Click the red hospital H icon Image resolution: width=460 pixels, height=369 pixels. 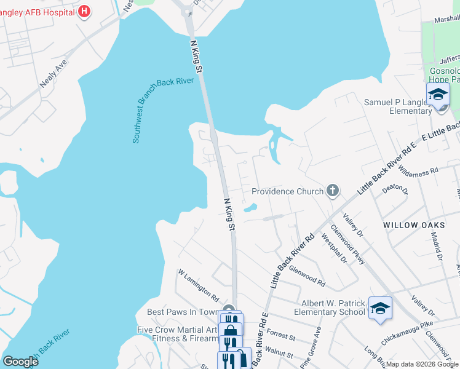(85, 10)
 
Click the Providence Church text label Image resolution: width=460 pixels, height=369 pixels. (287, 191)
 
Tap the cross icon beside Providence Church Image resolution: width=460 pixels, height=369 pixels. (332, 190)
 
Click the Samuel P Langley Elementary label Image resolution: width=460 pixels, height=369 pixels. (398, 106)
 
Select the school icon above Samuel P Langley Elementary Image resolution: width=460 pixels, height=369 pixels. (438, 95)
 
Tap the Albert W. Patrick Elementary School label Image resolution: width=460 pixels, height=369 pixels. (333, 307)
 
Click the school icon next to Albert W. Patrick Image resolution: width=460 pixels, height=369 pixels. (379, 308)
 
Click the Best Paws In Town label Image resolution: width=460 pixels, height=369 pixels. (183, 312)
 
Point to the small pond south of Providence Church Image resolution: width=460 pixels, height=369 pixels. (250, 209)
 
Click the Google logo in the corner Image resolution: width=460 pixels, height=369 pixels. (21, 362)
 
